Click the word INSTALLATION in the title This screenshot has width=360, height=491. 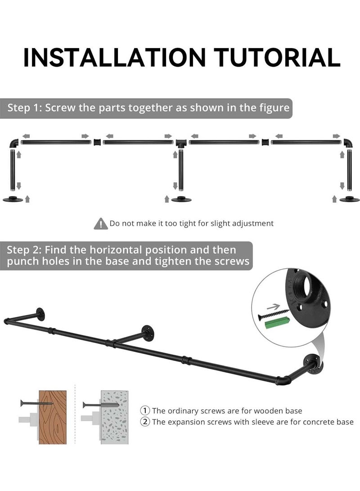point(114,57)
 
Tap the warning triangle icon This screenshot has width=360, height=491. point(100,223)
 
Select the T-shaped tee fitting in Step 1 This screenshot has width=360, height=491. point(180,143)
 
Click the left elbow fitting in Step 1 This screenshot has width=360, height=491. point(13,143)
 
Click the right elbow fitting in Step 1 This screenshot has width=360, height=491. point(348,143)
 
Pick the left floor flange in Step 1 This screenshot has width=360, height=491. point(13,199)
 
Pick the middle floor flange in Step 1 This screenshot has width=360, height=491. point(180,199)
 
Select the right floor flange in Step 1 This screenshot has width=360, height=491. point(349,199)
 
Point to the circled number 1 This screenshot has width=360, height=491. point(145,410)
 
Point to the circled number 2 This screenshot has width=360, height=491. point(145,422)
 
